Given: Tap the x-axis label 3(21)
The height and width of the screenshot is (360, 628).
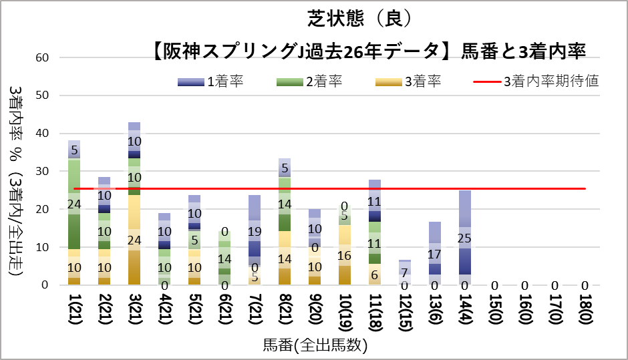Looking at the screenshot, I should (x=134, y=313).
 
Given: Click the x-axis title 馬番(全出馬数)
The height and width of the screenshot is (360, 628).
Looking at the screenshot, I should (x=315, y=346).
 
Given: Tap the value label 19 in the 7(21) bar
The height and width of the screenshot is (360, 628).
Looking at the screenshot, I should (x=253, y=232).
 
